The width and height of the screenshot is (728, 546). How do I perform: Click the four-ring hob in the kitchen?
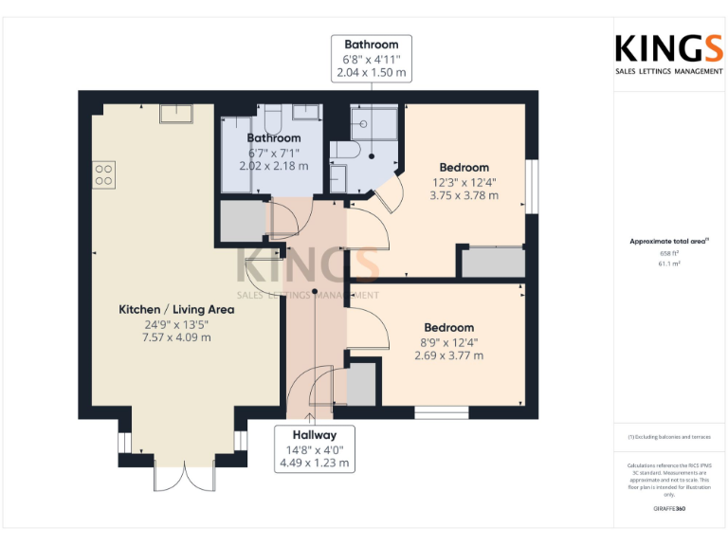pos(104,173)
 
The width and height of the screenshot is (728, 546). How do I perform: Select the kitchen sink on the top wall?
pos(176,114)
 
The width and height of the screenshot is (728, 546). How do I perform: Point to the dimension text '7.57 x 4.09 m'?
pos(175,337)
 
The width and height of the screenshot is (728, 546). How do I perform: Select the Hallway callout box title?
pos(314,435)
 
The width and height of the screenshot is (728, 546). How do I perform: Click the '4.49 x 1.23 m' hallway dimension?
pos(314,464)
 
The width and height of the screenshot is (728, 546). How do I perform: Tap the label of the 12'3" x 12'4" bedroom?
pos(464,168)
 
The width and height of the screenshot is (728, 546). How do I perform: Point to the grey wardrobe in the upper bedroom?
pos(493,263)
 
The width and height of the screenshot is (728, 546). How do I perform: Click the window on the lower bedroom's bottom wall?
pos(442,411)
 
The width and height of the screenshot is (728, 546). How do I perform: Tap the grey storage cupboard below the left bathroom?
pos(242,220)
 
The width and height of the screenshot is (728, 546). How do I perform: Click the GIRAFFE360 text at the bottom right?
pos(669,509)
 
